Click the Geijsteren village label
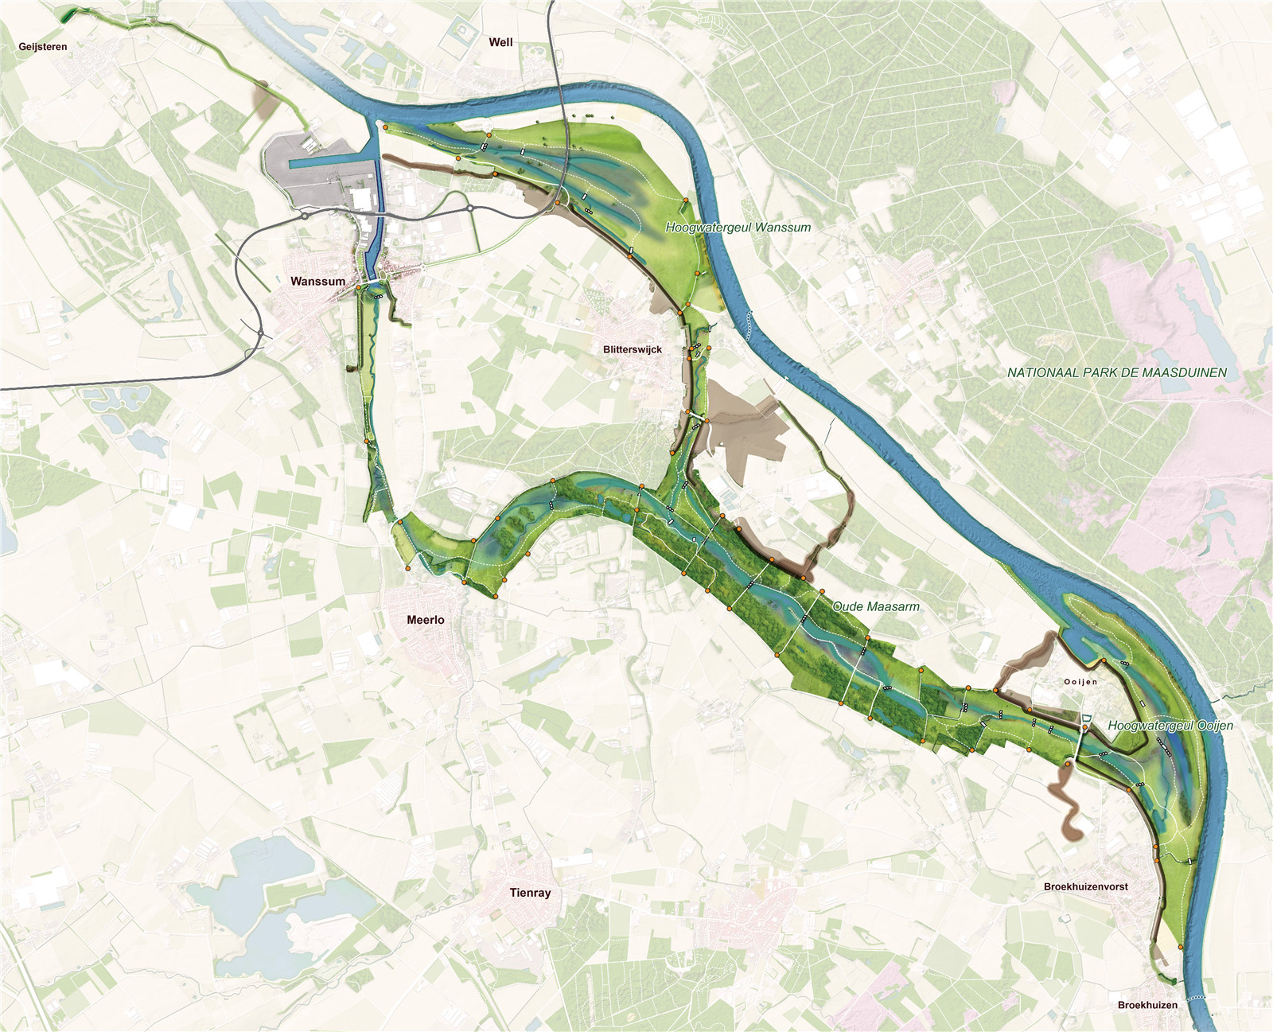click(43, 47)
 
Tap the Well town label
click(500, 42)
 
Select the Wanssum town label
click(317, 281)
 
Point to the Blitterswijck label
click(633, 349)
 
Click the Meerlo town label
click(426, 620)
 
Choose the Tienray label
click(530, 893)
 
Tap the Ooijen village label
click(1080, 682)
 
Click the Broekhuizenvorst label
click(1086, 886)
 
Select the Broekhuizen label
click(1147, 1005)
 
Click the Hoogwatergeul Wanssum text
click(738, 228)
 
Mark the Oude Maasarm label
click(876, 606)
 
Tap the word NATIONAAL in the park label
click(1036, 372)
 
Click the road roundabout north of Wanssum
click(304, 215)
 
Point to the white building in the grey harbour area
click(361, 199)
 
